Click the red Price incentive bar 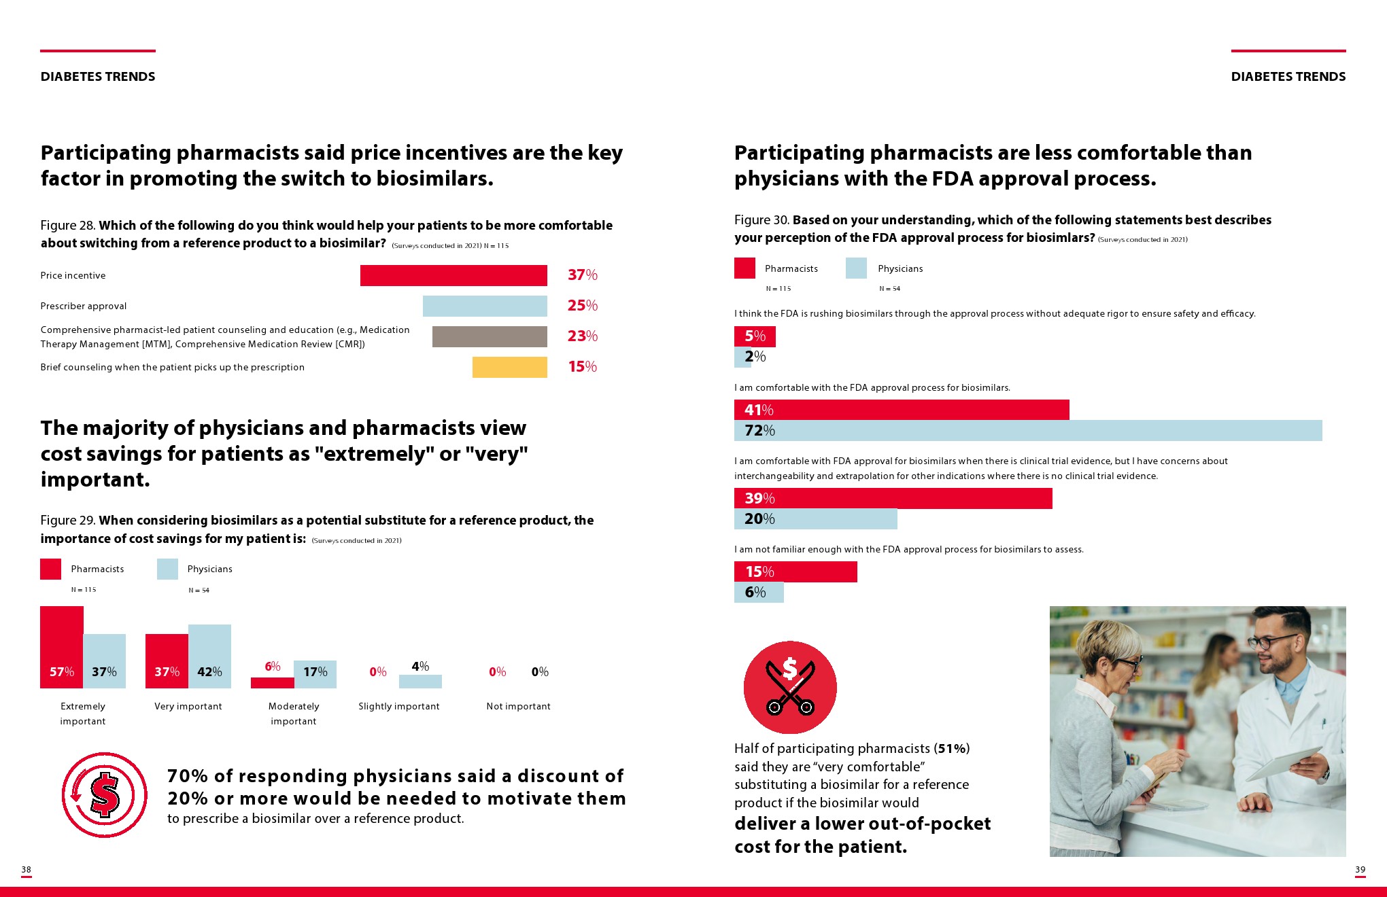click(453, 275)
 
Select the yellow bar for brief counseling click(509, 367)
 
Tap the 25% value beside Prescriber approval click(583, 306)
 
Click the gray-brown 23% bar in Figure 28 click(490, 336)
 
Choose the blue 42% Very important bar click(209, 656)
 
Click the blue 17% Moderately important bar click(315, 674)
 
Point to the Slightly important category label click(399, 706)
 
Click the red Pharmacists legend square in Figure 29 click(51, 569)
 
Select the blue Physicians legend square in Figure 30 click(856, 268)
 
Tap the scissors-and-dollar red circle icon click(790, 687)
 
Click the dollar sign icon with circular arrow click(105, 794)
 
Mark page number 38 click(27, 869)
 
